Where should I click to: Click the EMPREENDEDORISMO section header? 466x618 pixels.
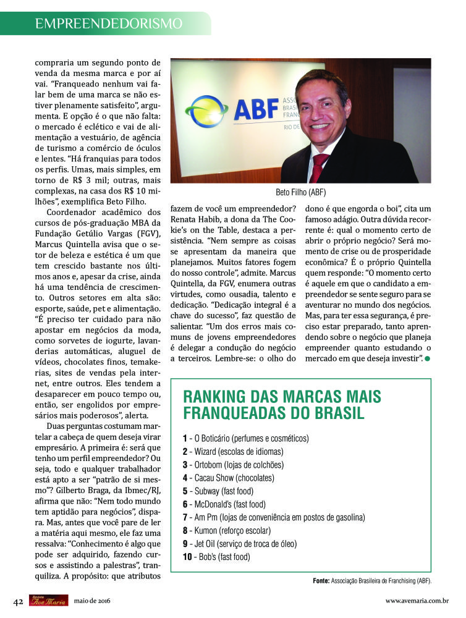[x=109, y=23]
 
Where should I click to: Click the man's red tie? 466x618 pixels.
[x=319, y=167]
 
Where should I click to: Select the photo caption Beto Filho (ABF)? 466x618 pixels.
[x=300, y=192]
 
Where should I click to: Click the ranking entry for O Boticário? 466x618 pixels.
[x=245, y=438]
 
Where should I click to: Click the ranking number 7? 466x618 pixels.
[x=185, y=517]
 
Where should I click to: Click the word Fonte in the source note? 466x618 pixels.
[x=321, y=581]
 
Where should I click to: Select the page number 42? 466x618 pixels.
[x=19, y=600]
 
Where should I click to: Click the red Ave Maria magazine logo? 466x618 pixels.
[x=48, y=600]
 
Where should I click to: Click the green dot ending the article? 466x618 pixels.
[x=427, y=358]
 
